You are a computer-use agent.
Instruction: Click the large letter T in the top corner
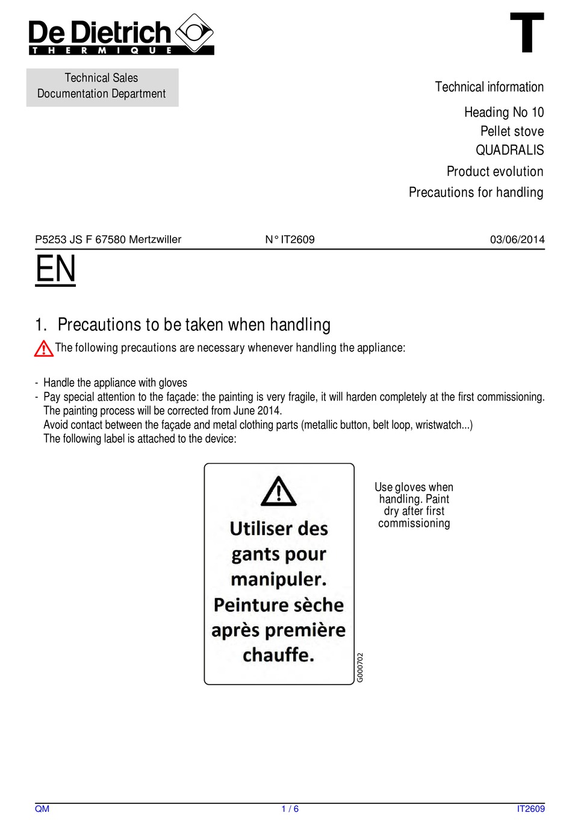pyautogui.click(x=527, y=33)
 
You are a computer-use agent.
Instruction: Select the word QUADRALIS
pyautogui.click(x=509, y=150)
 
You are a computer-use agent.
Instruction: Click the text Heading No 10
pyautogui.click(x=503, y=112)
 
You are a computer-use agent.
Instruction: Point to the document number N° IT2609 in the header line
pyautogui.click(x=290, y=240)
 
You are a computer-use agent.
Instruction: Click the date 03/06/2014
pyautogui.click(x=517, y=240)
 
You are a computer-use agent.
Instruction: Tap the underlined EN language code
pyautogui.click(x=55, y=269)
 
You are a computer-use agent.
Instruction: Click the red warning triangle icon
pyautogui.click(x=43, y=348)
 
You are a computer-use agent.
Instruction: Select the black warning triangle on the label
pyautogui.click(x=278, y=491)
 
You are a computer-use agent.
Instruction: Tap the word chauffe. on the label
pyautogui.click(x=278, y=655)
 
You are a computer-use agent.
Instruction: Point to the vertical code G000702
pyautogui.click(x=360, y=667)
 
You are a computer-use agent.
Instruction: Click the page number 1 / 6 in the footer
pyautogui.click(x=290, y=809)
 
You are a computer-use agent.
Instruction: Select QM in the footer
pyautogui.click(x=42, y=809)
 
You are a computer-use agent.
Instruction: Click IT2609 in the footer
pyautogui.click(x=530, y=809)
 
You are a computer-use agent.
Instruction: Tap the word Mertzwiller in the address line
pyautogui.click(x=155, y=240)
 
